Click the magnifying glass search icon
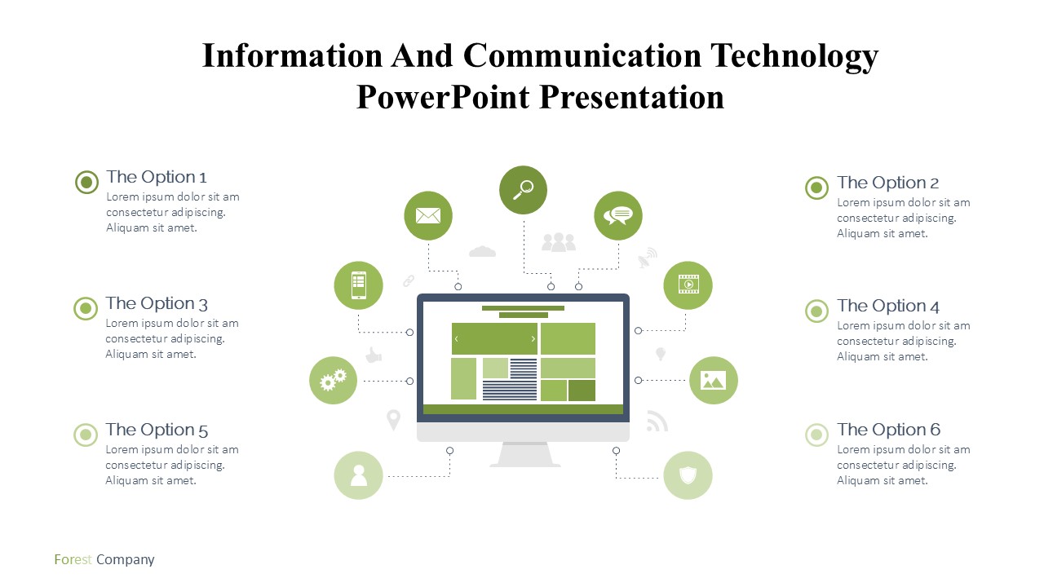point(524,190)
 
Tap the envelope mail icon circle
point(428,216)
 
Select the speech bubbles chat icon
point(618,216)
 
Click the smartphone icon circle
point(358,285)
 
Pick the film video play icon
point(688,285)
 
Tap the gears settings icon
point(334,380)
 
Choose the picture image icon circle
point(714,380)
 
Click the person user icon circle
point(358,475)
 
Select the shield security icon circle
point(688,475)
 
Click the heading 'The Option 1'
point(156,177)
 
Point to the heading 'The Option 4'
point(888,306)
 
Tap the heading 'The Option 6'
point(888,430)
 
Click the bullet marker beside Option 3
point(86,308)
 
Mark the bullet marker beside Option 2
point(816,188)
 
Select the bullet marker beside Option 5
point(86,435)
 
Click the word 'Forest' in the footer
point(73,559)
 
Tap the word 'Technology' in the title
point(794,56)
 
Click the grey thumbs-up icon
point(374,355)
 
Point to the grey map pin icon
point(393,420)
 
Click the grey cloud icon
point(482,251)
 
